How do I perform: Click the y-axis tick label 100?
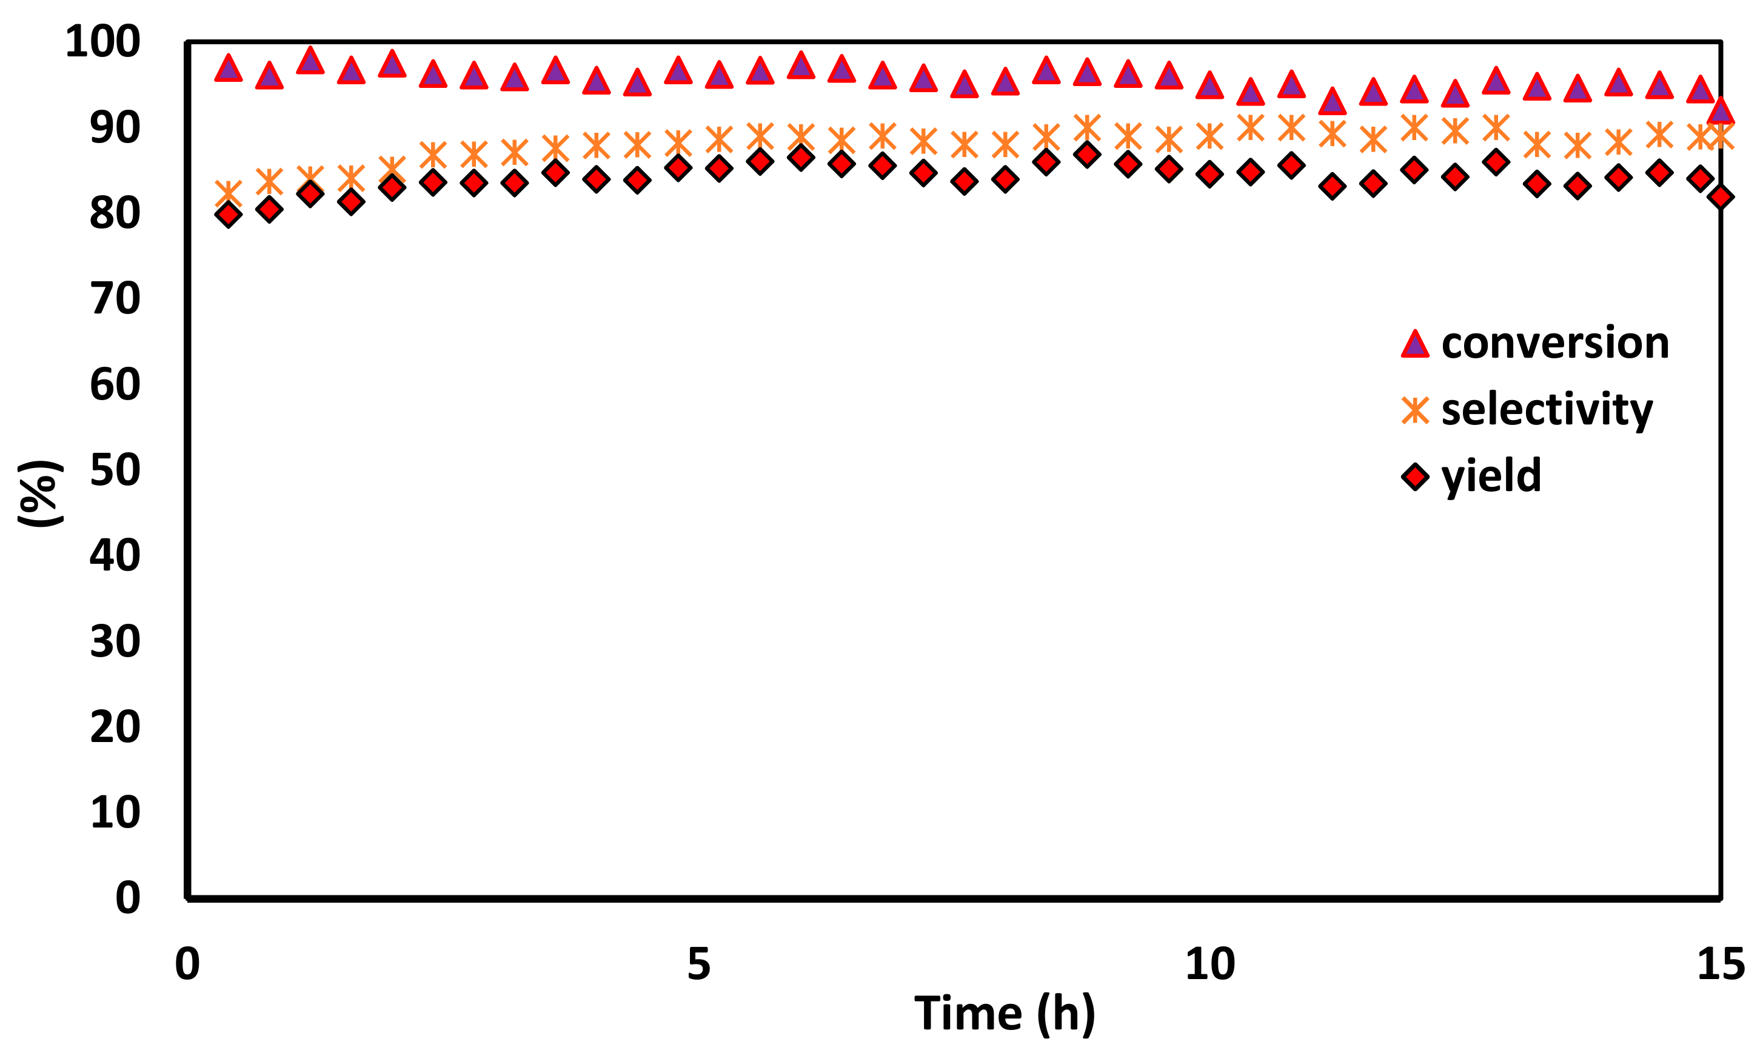(102, 42)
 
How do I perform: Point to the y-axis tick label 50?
(115, 470)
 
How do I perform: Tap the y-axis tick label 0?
(128, 898)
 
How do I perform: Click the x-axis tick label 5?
(698, 964)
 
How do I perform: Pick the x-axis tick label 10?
(1209, 964)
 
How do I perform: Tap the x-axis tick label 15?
(1721, 964)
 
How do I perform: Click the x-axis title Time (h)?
(1005, 1013)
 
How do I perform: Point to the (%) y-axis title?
(41, 493)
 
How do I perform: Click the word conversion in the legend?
(1555, 343)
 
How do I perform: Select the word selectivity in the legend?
(1547, 410)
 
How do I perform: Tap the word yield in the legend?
(1491, 476)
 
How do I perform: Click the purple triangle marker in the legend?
(1415, 344)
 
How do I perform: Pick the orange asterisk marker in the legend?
(1415, 410)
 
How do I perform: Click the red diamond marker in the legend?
(1415, 476)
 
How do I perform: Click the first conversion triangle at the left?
(229, 69)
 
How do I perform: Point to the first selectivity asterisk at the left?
(229, 192)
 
